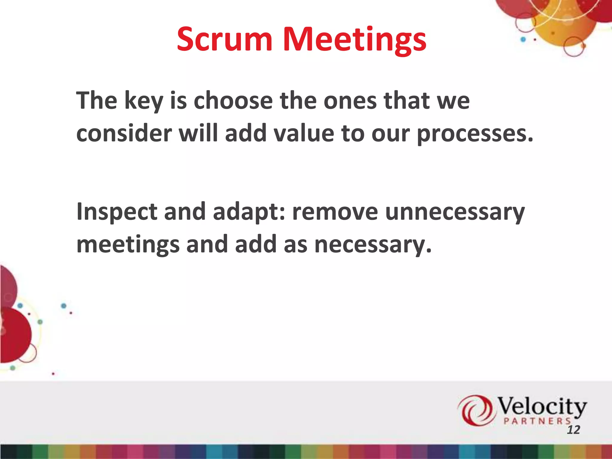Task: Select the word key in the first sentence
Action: pos(143,101)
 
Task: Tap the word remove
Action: pos(335,212)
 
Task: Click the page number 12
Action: pos(573,430)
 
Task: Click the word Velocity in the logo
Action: pos(541,406)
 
